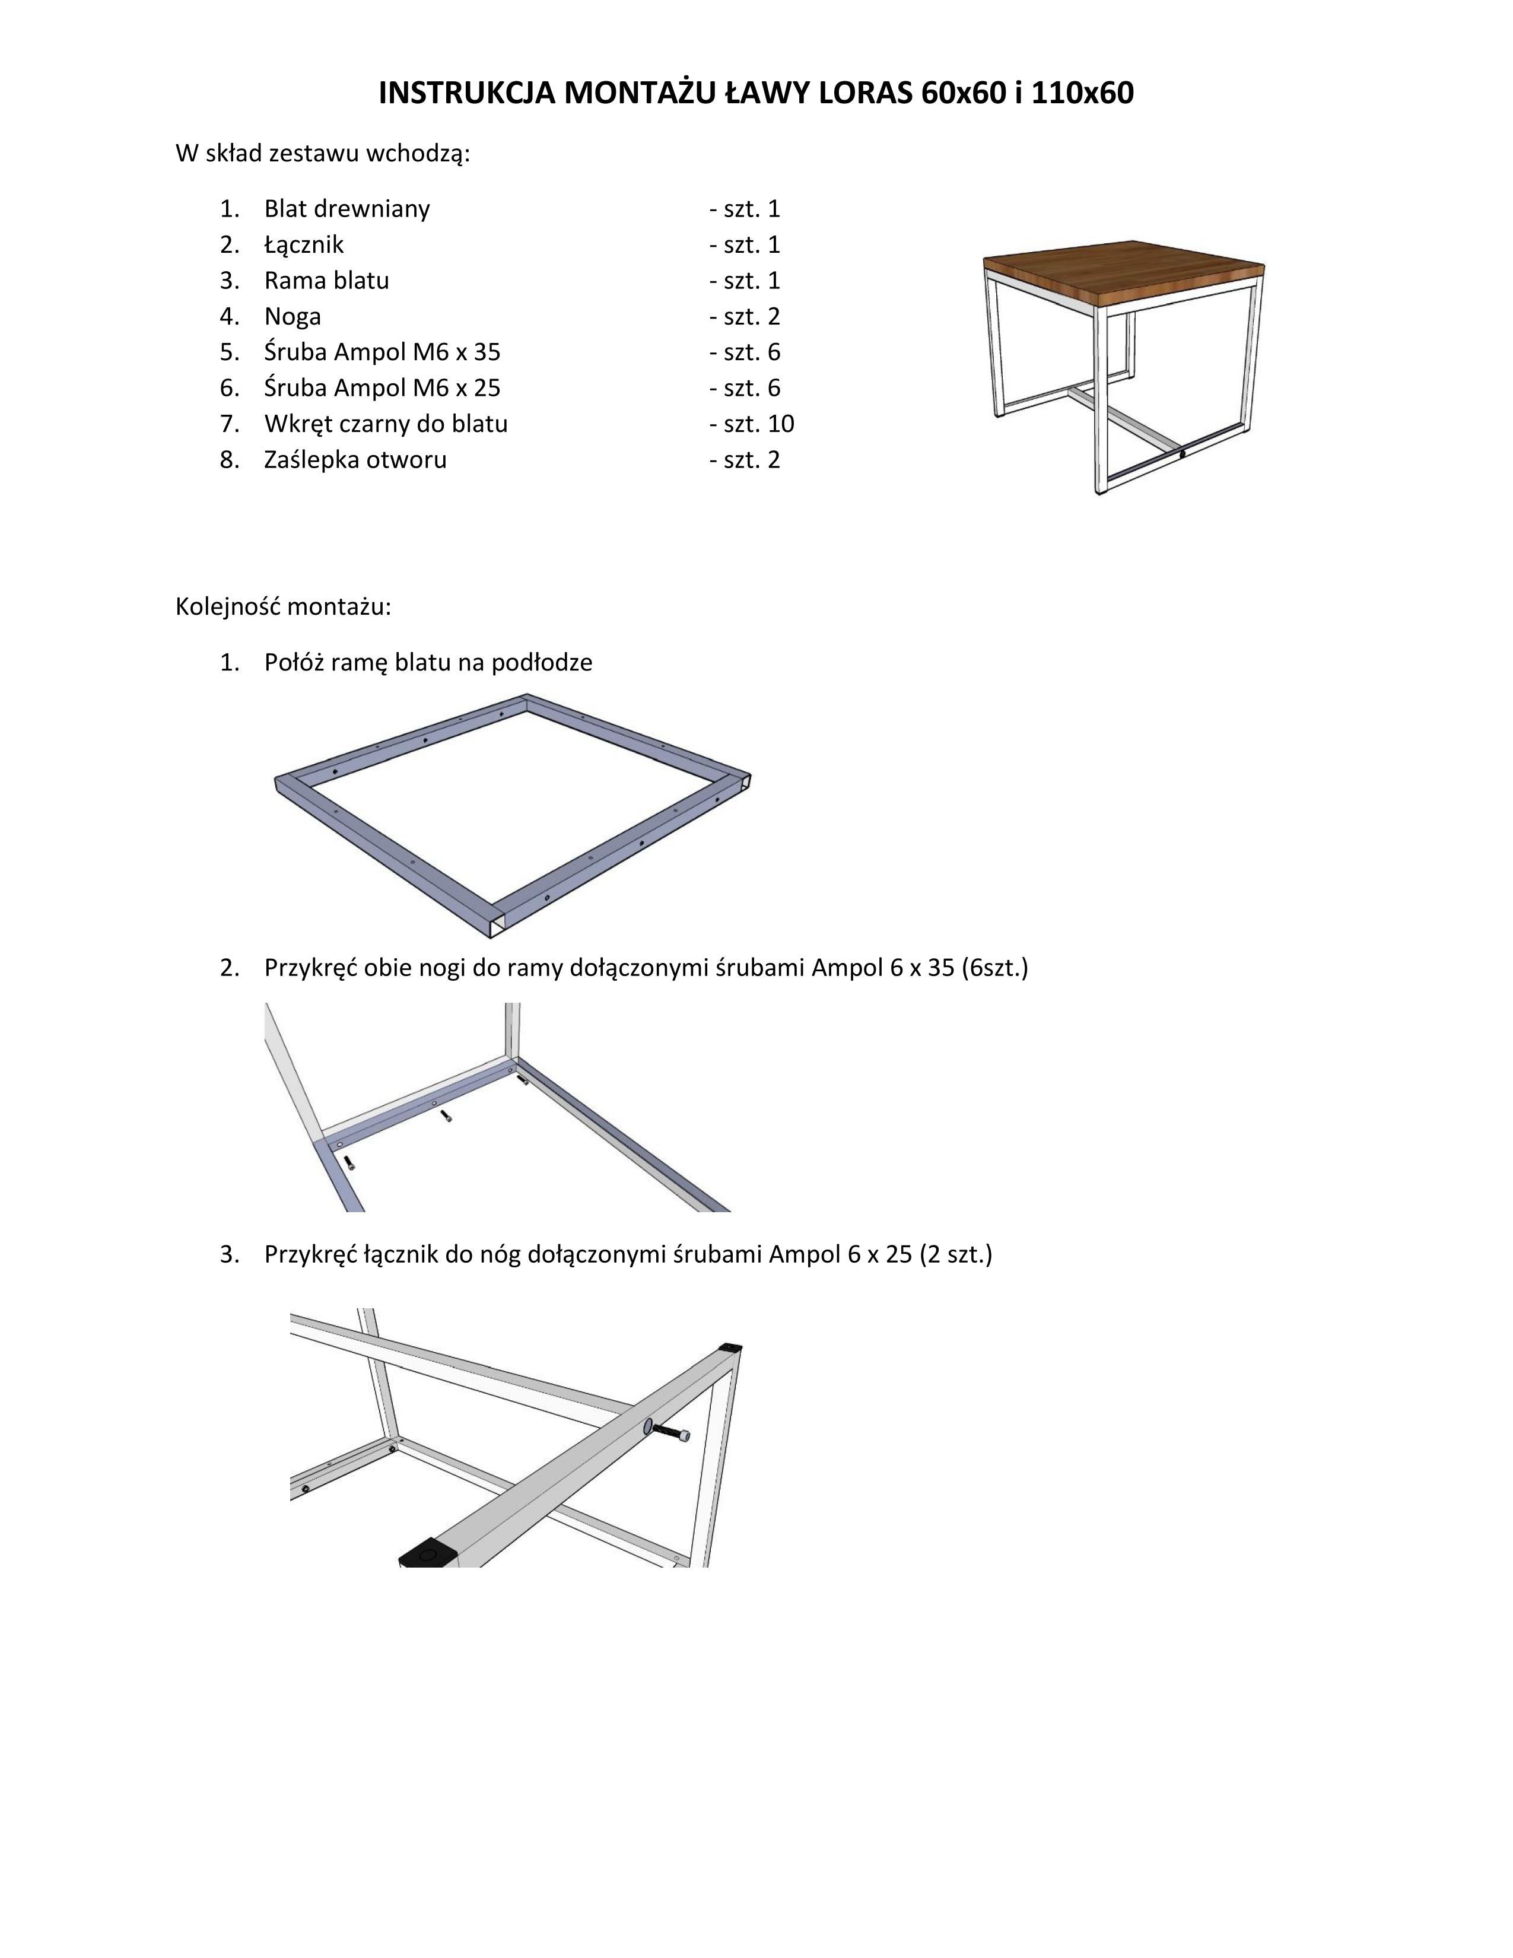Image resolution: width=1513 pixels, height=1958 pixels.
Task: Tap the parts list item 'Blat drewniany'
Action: pos(347,209)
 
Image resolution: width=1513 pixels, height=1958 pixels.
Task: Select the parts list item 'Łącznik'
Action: pos(304,244)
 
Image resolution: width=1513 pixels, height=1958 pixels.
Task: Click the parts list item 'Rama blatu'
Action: pos(326,281)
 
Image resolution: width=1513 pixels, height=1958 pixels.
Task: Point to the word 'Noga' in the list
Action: pos(292,316)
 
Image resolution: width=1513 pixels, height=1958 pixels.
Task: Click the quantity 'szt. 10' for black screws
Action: pos(758,424)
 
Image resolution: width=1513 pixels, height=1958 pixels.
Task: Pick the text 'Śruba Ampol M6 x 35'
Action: pos(382,352)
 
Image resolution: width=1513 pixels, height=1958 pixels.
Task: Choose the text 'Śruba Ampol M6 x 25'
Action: pos(382,388)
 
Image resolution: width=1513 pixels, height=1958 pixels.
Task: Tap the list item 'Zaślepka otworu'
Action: pos(355,460)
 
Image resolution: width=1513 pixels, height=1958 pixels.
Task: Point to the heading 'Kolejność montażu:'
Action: pos(283,607)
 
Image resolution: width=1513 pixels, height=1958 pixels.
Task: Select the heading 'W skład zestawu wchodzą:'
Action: pos(323,153)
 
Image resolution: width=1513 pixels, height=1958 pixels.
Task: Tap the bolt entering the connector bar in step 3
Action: pos(672,1432)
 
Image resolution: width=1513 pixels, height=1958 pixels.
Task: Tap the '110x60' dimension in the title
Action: pos(1083,93)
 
